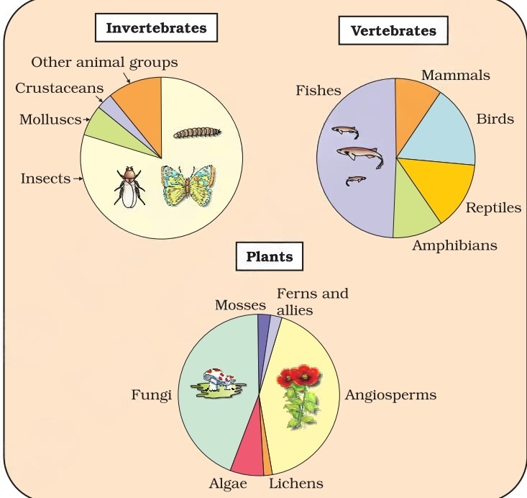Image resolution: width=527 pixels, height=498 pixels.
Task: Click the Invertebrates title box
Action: (156, 27)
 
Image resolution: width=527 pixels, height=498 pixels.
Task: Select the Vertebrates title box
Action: (393, 30)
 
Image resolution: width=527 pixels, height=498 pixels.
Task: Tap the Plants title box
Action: (270, 256)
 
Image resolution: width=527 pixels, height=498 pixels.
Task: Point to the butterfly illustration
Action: (188, 186)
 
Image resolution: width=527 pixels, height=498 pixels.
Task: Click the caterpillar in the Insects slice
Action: (197, 132)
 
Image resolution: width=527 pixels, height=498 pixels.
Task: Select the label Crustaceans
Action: (59, 89)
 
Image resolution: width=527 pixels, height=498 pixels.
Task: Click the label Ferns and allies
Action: (313, 302)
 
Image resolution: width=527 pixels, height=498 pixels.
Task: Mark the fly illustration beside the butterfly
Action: (129, 187)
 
